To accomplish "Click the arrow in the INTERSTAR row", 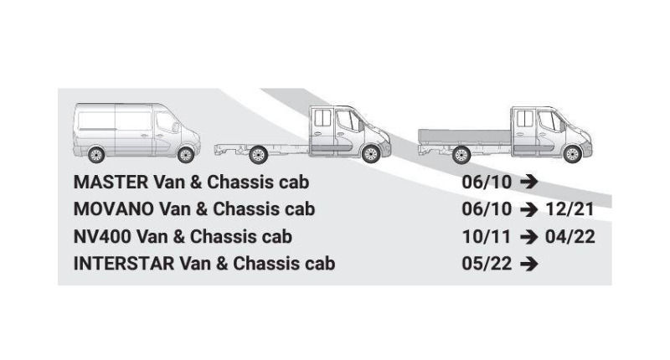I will [x=527, y=265].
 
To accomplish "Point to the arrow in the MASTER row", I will [x=527, y=183].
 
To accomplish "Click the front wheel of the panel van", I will [x=186, y=154].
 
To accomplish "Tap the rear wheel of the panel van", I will [x=95, y=154].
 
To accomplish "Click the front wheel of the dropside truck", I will [x=572, y=154].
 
